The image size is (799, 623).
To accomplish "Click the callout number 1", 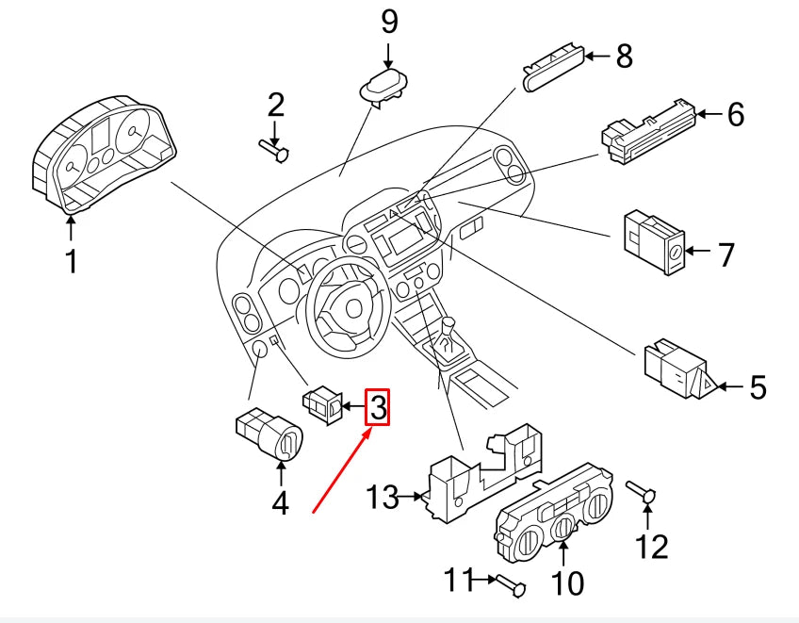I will click(72, 260).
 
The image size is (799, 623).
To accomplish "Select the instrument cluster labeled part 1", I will click(104, 156).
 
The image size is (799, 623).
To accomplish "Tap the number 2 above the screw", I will click(274, 105).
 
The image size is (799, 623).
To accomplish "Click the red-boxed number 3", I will click(377, 407).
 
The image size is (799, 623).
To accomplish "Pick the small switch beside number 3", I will click(323, 405).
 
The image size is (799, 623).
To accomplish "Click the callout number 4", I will click(280, 503).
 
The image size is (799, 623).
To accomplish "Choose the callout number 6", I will click(735, 114).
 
